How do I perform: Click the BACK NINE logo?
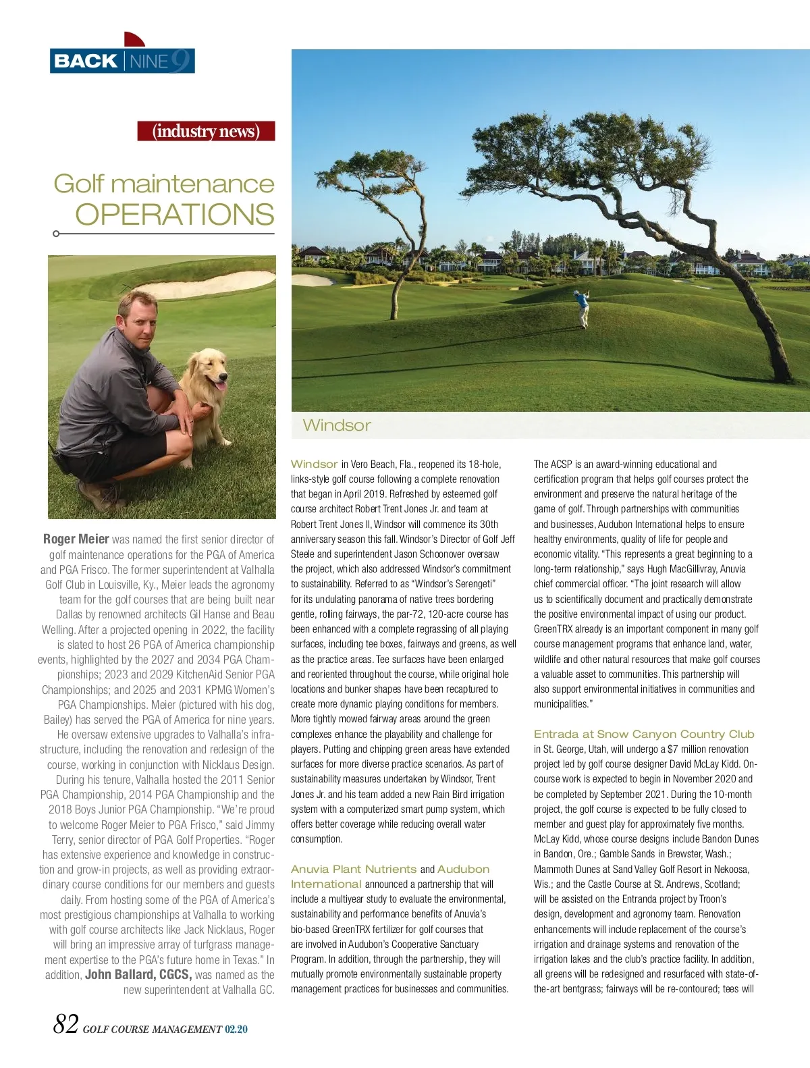point(122,61)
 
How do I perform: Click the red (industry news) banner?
point(206,130)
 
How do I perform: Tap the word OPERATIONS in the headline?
point(175,215)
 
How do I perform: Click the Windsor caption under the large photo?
point(337,425)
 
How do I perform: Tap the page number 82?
point(65,1024)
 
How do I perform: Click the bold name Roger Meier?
point(76,539)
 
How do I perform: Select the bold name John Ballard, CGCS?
point(138,974)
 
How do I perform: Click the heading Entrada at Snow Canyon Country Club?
point(643,734)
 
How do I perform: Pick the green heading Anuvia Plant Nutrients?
point(354,869)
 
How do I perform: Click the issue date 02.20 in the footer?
point(236,1030)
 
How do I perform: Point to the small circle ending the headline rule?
point(56,234)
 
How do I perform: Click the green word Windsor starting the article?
point(314,464)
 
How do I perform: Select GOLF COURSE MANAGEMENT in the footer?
point(152,1030)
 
